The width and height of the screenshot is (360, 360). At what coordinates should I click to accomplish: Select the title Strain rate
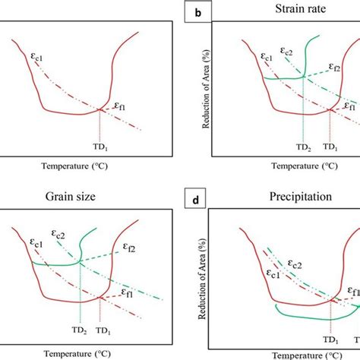click(x=289, y=10)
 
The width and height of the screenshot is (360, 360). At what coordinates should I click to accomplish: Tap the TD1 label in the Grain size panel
click(x=103, y=332)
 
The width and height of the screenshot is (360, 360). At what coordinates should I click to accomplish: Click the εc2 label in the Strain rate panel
click(x=286, y=52)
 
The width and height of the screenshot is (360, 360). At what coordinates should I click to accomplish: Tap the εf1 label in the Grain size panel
click(x=129, y=291)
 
